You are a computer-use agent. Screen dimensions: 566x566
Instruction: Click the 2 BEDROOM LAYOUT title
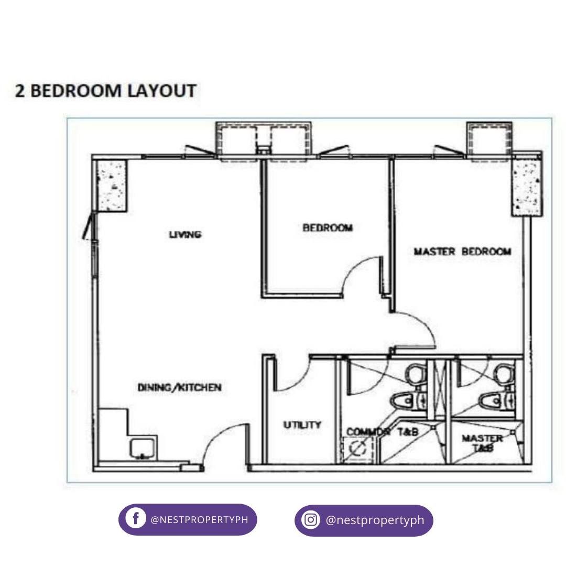[105, 91]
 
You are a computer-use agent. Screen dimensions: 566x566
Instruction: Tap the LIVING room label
[185, 235]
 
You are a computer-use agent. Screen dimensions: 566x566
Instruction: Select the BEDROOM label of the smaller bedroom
[328, 228]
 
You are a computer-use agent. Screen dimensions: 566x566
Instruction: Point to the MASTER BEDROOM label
[462, 252]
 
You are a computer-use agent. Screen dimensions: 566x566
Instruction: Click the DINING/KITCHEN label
[179, 388]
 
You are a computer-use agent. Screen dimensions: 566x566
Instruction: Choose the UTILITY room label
[302, 425]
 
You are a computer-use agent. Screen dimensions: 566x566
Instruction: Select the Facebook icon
[136, 519]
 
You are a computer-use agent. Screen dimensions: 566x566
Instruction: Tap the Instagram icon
[311, 520]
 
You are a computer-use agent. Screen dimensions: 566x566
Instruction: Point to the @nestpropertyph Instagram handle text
[375, 520]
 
